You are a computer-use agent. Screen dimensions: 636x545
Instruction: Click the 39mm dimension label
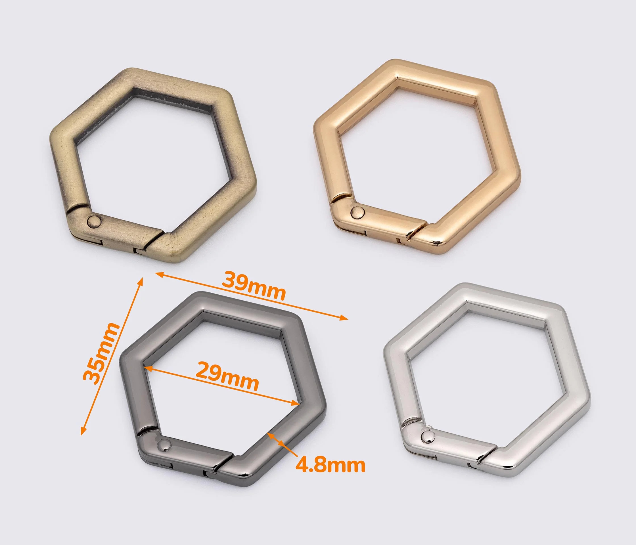tap(254, 286)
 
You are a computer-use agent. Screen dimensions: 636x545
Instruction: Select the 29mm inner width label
tap(227, 376)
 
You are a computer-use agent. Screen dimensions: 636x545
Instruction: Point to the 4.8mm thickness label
tap(330, 465)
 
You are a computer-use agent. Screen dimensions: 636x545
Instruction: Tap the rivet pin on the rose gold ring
tap(357, 212)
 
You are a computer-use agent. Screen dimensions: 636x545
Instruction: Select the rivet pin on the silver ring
tap(428, 436)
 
